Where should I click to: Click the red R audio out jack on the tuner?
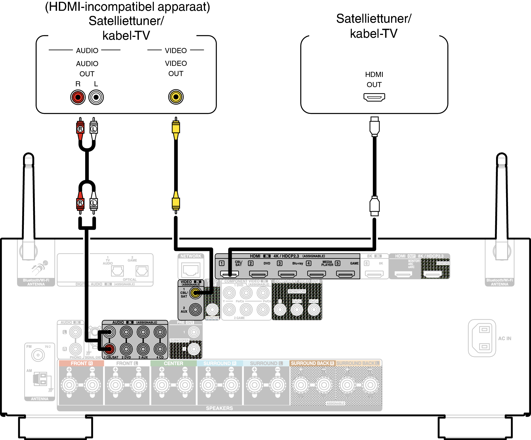pos(78,97)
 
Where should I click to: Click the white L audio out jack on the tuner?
pos(96,97)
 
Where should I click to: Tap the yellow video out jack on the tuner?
pos(176,97)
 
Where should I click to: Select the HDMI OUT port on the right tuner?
pos(374,97)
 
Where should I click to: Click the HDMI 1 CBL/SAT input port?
pos(229,274)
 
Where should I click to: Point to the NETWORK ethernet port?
pos(191,269)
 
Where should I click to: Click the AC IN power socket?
pos(482,338)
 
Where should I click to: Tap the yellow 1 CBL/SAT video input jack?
pos(195,293)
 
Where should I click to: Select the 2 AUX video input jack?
pos(195,309)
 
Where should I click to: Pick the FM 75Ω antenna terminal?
pos(38,355)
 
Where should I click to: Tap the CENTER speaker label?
pos(173,363)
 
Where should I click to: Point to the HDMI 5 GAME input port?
pos(345,274)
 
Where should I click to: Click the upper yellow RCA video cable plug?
pos(176,128)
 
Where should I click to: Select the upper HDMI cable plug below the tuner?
pos(375,126)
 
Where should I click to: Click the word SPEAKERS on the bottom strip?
pos(219,408)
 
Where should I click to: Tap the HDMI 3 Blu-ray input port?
pos(287,274)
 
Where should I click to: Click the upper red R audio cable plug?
pos(80,128)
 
